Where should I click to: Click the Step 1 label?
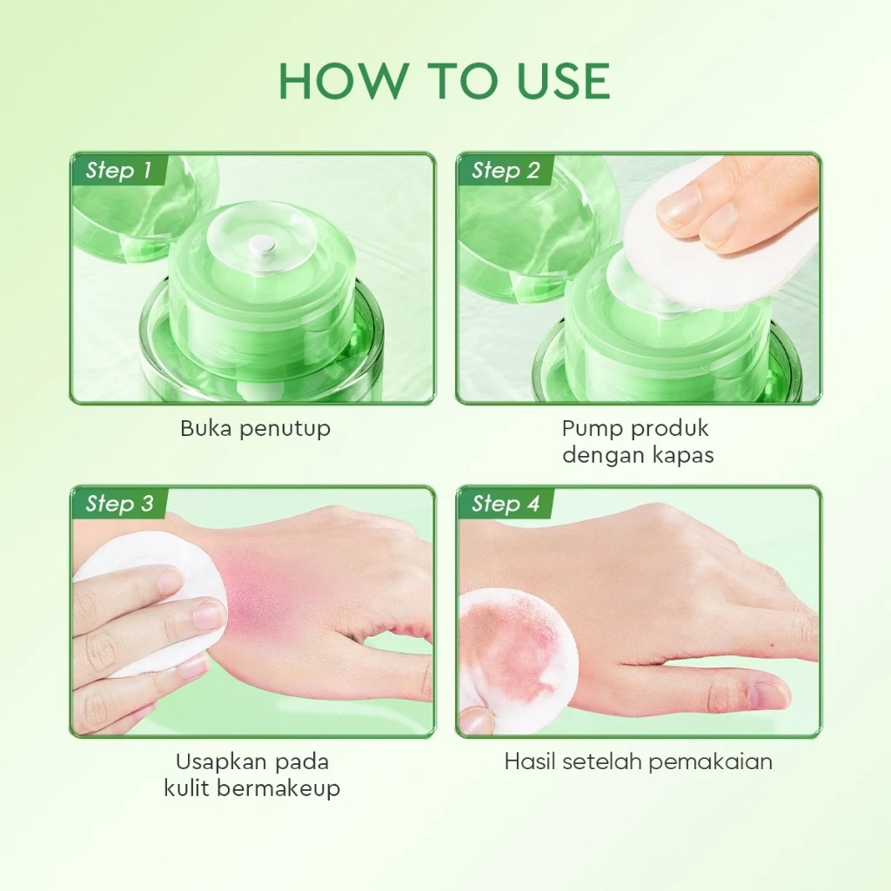pyautogui.click(x=118, y=171)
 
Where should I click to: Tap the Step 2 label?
pyautogui.click(x=505, y=171)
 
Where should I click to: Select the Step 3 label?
pyautogui.click(x=119, y=503)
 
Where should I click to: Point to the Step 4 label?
pyautogui.click(x=506, y=503)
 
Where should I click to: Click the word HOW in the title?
pyautogui.click(x=341, y=82)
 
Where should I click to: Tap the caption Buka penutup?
pyautogui.click(x=255, y=428)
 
